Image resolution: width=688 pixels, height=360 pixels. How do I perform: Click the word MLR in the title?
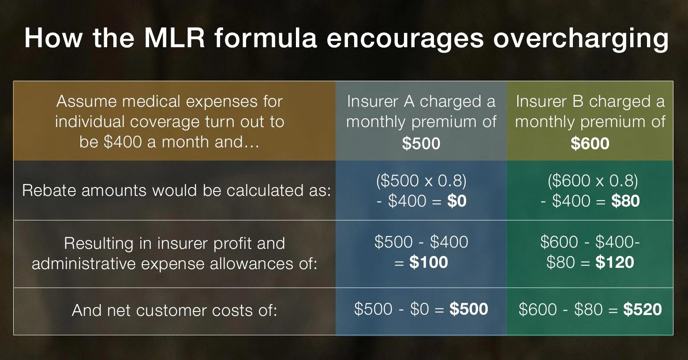[x=175, y=37]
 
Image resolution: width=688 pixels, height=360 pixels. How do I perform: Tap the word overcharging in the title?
[x=580, y=38]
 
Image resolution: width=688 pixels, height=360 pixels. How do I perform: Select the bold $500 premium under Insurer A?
[x=421, y=143]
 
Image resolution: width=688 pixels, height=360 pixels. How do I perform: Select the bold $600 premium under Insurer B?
[x=590, y=143]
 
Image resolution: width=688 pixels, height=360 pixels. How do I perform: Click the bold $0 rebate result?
[x=456, y=201]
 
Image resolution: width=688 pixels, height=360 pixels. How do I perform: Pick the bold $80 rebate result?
[x=625, y=201]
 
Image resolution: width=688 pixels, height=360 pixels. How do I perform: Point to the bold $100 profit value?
[x=428, y=262]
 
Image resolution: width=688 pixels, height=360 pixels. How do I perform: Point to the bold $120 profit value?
[x=614, y=262]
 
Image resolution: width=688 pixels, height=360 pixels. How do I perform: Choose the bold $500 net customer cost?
[x=468, y=309]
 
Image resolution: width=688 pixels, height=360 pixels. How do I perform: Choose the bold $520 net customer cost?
[x=642, y=309]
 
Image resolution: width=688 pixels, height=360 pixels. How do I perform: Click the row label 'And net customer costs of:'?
[x=175, y=311]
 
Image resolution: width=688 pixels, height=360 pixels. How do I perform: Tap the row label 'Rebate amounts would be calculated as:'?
[x=176, y=191]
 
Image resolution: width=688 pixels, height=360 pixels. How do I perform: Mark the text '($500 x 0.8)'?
[x=421, y=181]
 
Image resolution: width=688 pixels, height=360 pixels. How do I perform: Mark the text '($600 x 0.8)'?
[x=593, y=181]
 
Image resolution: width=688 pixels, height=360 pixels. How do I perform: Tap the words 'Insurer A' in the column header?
[x=381, y=102]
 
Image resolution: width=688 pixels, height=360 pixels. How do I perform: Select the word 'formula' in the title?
[x=265, y=37]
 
